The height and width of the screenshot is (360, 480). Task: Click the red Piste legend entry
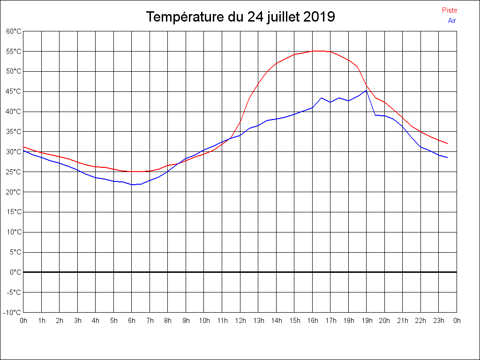pyautogui.click(x=450, y=10)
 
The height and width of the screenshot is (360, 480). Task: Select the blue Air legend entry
pyautogui.click(x=452, y=21)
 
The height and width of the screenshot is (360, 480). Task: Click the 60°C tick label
pyautogui.click(x=14, y=31)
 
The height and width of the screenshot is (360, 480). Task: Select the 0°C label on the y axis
pyautogui.click(x=15, y=272)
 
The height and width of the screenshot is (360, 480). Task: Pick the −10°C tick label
pyautogui.click(x=13, y=312)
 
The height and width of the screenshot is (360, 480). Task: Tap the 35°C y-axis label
pyautogui.click(x=14, y=132)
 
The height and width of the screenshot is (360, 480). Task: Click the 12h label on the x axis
pyautogui.click(x=240, y=321)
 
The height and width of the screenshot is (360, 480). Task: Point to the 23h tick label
pyautogui.click(x=439, y=321)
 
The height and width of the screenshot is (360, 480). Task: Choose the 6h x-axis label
pyautogui.click(x=132, y=321)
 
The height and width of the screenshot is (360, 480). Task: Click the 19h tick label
pyautogui.click(x=367, y=321)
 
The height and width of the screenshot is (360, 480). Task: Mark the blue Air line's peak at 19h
pyautogui.click(x=366, y=90)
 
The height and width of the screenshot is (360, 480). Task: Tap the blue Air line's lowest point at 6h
pyautogui.click(x=132, y=185)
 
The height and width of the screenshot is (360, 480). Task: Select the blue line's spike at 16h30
pyautogui.click(x=322, y=98)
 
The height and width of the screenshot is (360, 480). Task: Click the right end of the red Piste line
pyautogui.click(x=448, y=143)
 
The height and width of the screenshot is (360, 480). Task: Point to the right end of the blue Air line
pyautogui.click(x=448, y=157)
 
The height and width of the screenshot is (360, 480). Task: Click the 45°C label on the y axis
pyautogui.click(x=14, y=91)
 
